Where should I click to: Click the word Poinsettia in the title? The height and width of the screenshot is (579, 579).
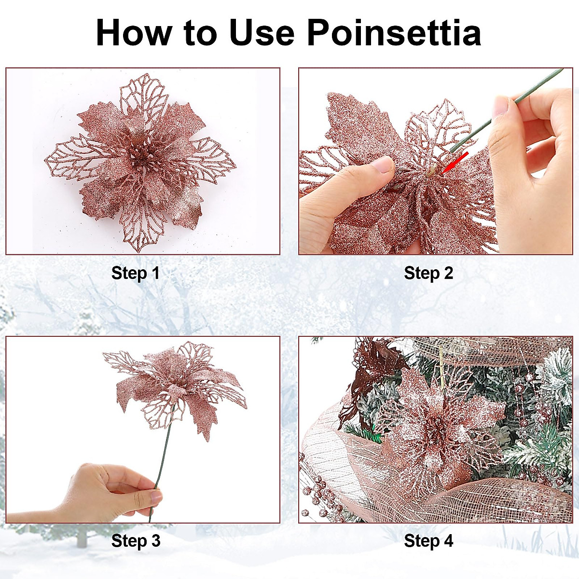394,33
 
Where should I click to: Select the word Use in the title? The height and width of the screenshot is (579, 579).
261,33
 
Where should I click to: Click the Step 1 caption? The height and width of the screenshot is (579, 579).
135,273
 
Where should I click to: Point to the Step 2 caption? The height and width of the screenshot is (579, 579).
428,273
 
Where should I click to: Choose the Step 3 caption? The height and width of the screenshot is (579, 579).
136,540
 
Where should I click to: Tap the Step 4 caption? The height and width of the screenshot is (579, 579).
428,540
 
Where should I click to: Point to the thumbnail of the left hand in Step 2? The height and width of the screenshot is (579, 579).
384,165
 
